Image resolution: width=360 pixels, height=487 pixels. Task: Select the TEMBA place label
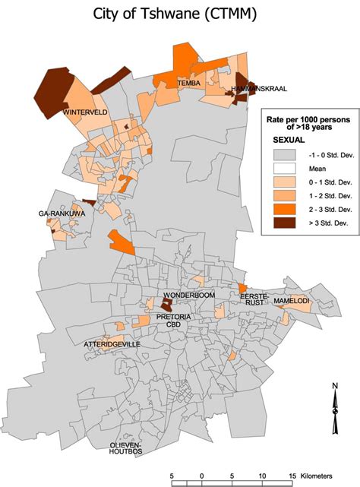(x=188, y=82)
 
